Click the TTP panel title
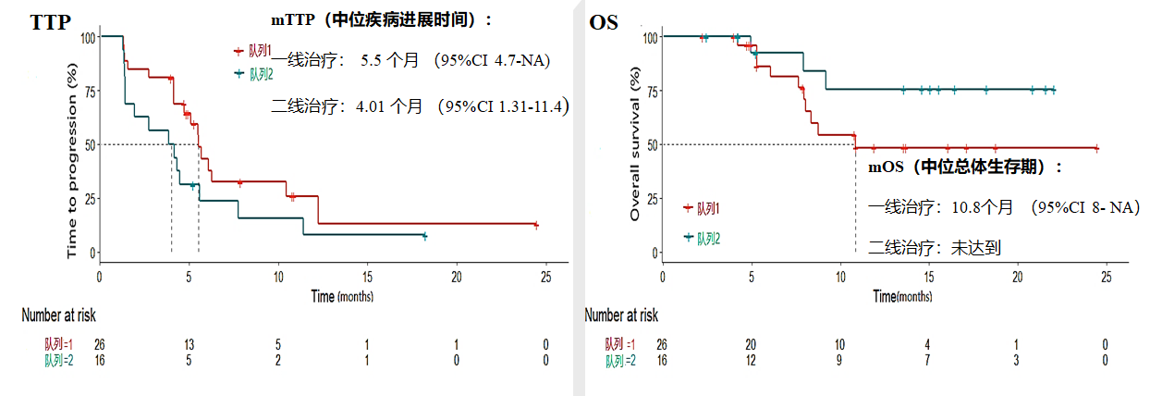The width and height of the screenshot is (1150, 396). point(50,23)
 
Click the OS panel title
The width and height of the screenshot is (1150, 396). point(604,23)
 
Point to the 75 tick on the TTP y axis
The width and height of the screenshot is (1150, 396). point(88,91)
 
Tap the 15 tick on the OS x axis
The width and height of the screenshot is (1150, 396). point(929,276)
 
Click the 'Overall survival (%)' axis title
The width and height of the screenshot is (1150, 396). point(635,150)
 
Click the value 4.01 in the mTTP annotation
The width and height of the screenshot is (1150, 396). point(371,106)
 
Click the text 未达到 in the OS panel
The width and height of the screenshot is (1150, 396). point(974,247)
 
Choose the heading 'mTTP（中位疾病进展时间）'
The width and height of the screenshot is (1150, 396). point(380,19)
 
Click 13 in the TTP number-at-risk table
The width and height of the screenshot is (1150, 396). point(189,344)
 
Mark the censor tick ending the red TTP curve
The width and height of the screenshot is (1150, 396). point(536,225)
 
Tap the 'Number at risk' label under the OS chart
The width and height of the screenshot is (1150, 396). point(621,315)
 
